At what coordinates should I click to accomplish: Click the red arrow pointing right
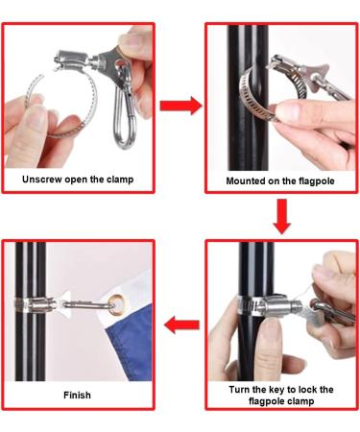click(180, 106)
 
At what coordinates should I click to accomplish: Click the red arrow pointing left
click(180, 325)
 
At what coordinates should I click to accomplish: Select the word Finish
click(79, 395)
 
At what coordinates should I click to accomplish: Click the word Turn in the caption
click(245, 389)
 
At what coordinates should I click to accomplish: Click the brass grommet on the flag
click(118, 307)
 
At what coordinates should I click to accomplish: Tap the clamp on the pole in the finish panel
click(33, 305)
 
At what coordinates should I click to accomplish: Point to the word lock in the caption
click(316, 389)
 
